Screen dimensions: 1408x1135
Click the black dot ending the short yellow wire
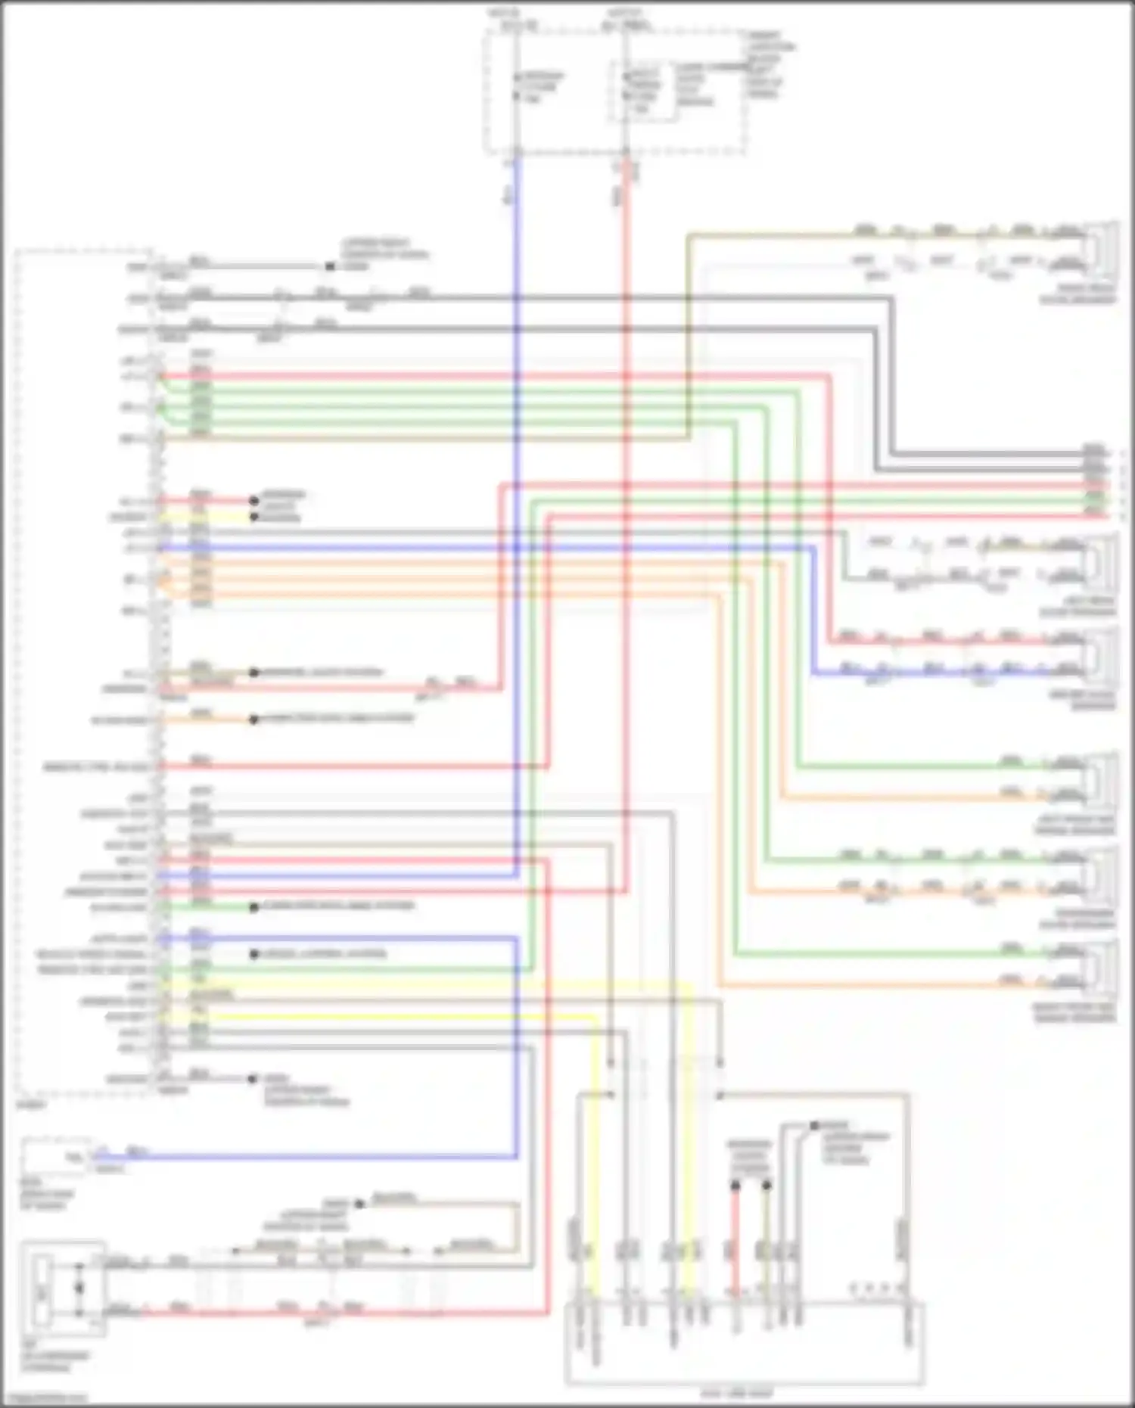click(x=254, y=518)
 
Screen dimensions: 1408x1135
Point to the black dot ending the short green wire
click(x=254, y=907)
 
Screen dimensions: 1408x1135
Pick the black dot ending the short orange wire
click(x=254, y=719)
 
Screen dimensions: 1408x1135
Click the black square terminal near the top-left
click(x=330, y=266)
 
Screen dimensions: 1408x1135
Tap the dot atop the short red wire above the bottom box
click(x=735, y=1185)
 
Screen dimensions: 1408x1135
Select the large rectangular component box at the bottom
click(x=745, y=1344)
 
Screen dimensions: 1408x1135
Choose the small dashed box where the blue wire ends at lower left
click(x=57, y=1156)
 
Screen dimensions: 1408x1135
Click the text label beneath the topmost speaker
click(x=1077, y=294)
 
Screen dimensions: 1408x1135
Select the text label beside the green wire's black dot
click(x=337, y=906)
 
